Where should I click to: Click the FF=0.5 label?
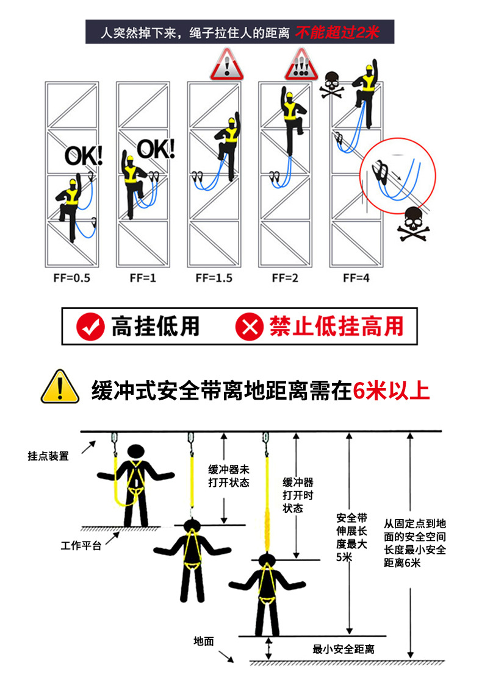[72, 278]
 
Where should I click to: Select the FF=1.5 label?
[214, 278]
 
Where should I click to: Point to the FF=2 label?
[285, 278]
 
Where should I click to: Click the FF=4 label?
[356, 278]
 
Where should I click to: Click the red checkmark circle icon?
[91, 327]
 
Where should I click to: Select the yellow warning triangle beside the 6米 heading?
[60, 387]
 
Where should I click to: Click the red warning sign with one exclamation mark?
[226, 65]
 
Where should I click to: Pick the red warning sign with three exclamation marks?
[301, 65]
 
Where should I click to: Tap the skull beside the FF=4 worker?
[332, 83]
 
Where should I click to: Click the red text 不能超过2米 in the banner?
[337, 32]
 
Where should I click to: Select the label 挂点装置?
[48, 456]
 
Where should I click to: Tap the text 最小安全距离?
[343, 649]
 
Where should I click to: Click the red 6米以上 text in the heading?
[391, 389]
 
